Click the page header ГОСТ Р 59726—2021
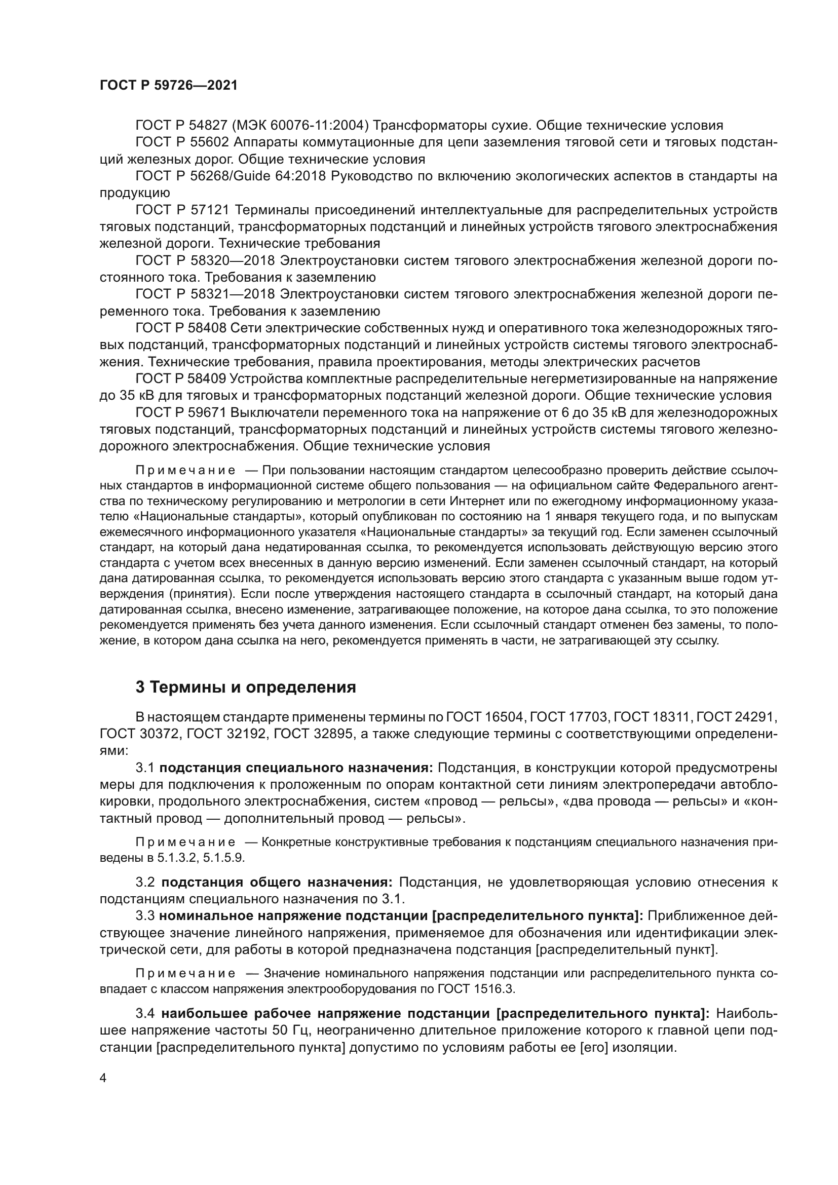(169, 86)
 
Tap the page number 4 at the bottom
(103, 1078)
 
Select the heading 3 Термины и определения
(246, 687)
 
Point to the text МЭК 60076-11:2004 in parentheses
(300, 126)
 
